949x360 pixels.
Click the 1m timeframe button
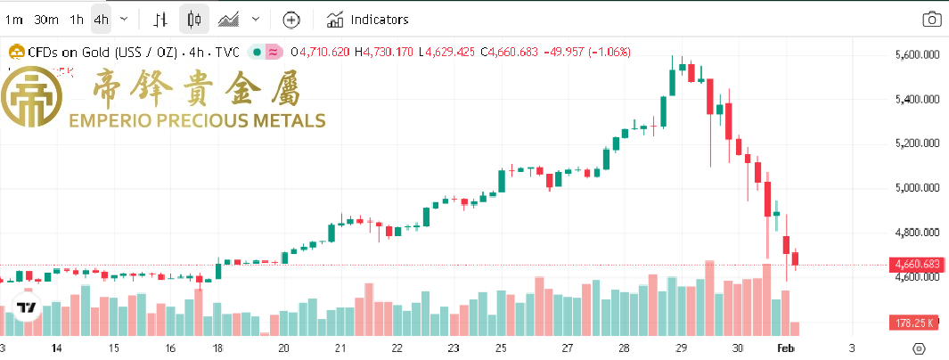12,19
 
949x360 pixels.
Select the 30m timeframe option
46,19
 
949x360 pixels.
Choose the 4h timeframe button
101,19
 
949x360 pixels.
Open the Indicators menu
369,19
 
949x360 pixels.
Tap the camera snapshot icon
930,19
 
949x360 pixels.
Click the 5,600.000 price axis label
918,55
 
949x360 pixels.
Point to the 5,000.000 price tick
918,188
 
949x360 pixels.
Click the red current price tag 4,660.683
916,264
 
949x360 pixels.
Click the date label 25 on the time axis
501,348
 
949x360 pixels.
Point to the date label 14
57,348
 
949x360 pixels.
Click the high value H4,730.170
384,52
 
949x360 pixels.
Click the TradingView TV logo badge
28,307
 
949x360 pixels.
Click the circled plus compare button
291,19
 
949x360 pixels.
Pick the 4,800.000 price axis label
918,233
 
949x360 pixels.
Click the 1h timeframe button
77,19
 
